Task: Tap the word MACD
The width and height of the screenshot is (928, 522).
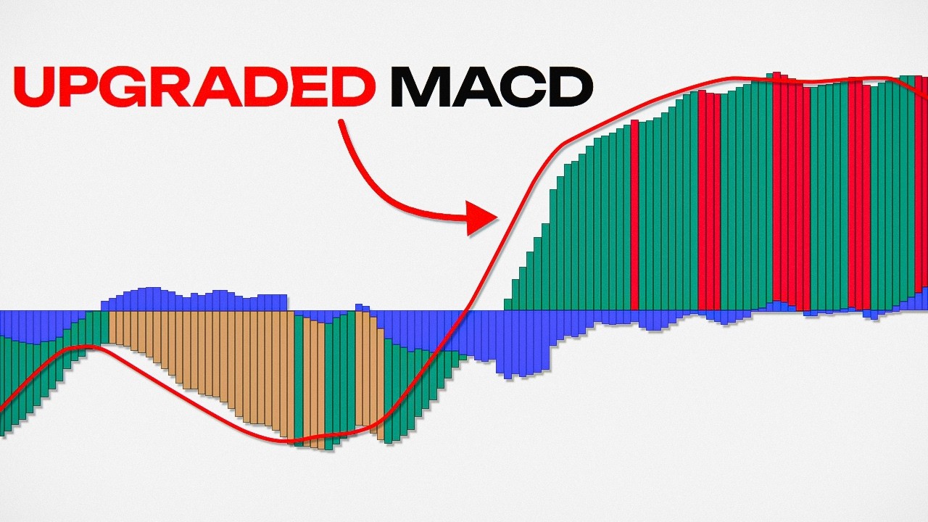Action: coord(492,86)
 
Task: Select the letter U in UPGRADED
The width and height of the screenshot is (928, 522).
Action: coord(38,86)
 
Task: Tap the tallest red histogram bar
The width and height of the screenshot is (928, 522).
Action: coord(776,188)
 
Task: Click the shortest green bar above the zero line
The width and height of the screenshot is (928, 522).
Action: coord(507,304)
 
